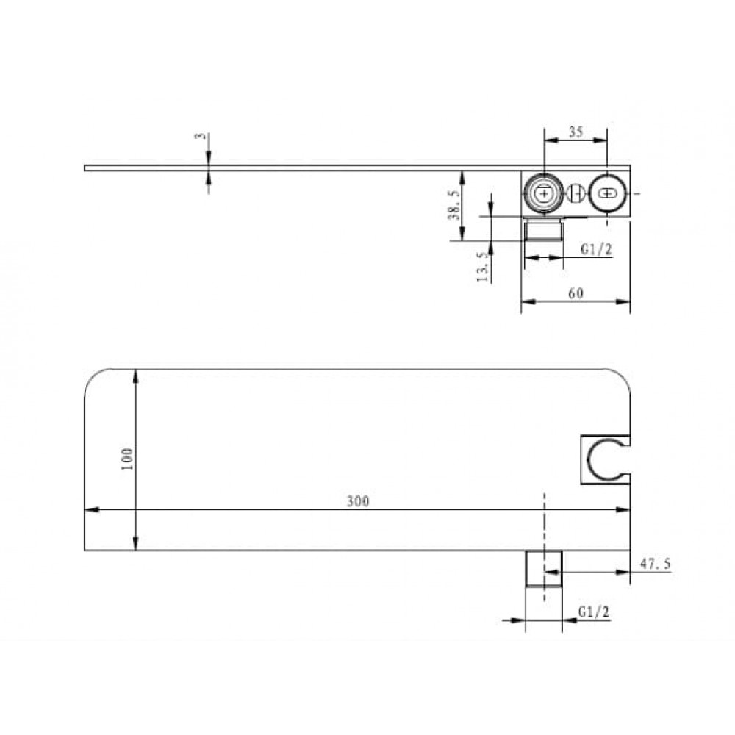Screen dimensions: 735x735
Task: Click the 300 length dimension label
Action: click(x=358, y=501)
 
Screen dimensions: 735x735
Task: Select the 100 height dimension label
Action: click(x=127, y=459)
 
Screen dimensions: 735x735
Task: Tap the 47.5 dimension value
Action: click(x=656, y=564)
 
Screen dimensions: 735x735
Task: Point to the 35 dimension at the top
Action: click(x=576, y=132)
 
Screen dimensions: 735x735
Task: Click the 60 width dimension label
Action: click(x=576, y=293)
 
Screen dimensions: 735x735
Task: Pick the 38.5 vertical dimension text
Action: click(x=453, y=204)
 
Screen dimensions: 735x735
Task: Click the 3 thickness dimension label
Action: click(x=200, y=136)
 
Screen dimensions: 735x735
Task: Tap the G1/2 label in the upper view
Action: click(x=596, y=249)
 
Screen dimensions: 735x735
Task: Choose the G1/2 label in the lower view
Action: click(x=593, y=612)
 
